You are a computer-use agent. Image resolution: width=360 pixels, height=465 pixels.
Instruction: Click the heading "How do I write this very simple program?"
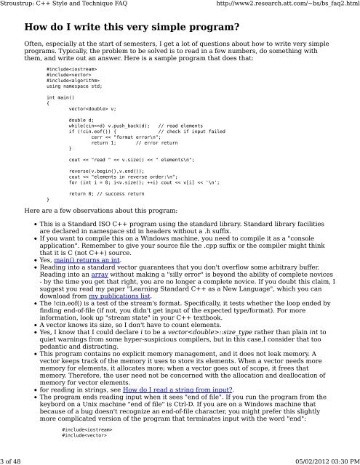[x=132, y=29]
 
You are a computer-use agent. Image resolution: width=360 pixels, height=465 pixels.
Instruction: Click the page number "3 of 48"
[x=16, y=459]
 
